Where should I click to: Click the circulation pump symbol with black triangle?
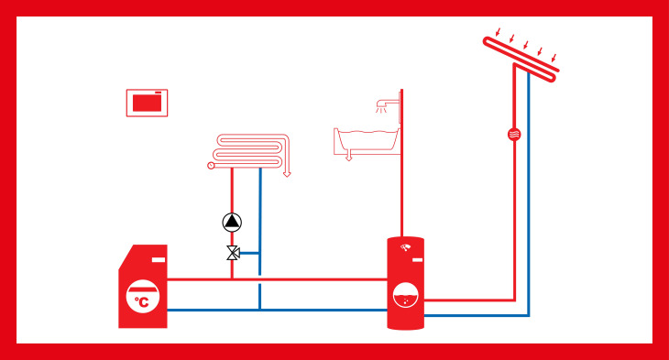click(x=232, y=222)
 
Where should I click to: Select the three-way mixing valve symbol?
click(x=233, y=253)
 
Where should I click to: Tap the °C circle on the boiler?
click(x=143, y=297)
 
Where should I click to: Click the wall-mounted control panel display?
click(x=147, y=103)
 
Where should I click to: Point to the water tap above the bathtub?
click(x=386, y=104)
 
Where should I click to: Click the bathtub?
click(x=367, y=140)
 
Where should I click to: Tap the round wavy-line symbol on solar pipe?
click(x=514, y=135)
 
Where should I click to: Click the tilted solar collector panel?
click(x=521, y=60)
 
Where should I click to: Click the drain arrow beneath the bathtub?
click(x=349, y=156)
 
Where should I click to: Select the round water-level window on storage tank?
click(x=405, y=295)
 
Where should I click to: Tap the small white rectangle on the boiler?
click(x=159, y=260)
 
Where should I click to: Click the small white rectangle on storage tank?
click(x=417, y=260)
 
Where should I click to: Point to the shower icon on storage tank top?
click(x=406, y=247)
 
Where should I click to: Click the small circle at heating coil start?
click(x=211, y=166)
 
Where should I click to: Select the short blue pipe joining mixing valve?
click(x=249, y=253)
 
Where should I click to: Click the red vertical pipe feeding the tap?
click(x=401, y=163)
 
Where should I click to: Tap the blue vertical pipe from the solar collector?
click(x=529, y=194)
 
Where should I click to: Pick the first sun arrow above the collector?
click(x=497, y=32)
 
